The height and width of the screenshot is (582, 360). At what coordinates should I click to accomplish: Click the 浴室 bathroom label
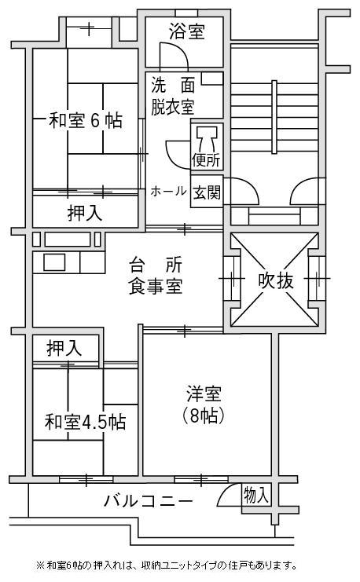point(186,31)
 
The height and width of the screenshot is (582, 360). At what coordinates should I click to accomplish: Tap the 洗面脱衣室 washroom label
point(173,97)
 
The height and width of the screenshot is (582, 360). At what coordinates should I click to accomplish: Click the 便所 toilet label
point(206,161)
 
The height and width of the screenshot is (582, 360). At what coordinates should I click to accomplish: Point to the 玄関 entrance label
point(207,192)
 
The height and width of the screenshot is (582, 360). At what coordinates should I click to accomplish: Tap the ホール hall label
point(168,191)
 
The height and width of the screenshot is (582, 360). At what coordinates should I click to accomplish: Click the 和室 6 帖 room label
point(86,120)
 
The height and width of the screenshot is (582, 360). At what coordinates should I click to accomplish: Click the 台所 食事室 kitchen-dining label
point(156,276)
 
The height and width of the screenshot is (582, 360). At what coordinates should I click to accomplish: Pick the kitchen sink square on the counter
point(54,262)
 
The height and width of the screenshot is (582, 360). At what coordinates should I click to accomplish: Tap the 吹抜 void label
point(276,280)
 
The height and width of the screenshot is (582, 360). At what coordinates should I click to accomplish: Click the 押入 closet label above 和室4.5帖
point(64,348)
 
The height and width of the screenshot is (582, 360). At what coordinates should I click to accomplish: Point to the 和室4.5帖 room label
point(86,422)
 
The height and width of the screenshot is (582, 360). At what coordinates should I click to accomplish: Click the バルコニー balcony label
point(149,501)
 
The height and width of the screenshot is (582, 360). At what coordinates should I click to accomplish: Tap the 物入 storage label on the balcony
point(256,495)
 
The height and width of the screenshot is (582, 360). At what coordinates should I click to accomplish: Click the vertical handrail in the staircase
point(274,116)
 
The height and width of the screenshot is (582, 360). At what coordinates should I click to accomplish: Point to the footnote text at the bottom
point(166,566)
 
